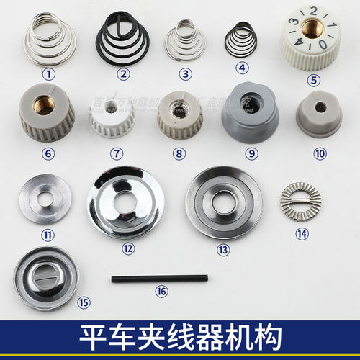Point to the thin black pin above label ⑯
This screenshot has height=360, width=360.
point(159,278)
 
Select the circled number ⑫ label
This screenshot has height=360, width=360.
point(128,248)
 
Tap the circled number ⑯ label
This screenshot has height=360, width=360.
point(160,292)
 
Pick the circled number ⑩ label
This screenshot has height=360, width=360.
point(319,153)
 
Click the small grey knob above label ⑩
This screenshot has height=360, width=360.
point(320,114)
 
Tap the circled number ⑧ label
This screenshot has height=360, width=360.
point(179,153)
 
